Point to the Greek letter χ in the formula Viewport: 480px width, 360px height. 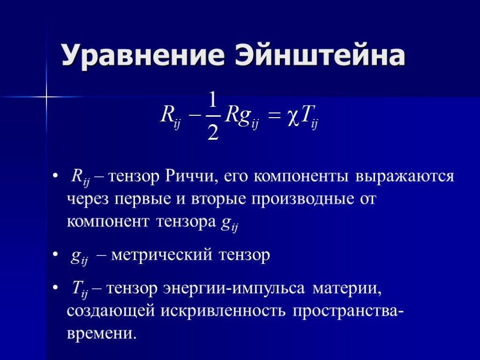(293, 117)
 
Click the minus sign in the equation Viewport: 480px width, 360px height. (195, 116)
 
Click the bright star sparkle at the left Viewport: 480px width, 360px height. (46, 97)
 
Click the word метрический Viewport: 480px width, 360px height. (161, 255)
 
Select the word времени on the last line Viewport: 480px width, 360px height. (101, 334)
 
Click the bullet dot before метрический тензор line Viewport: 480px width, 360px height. (55, 254)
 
